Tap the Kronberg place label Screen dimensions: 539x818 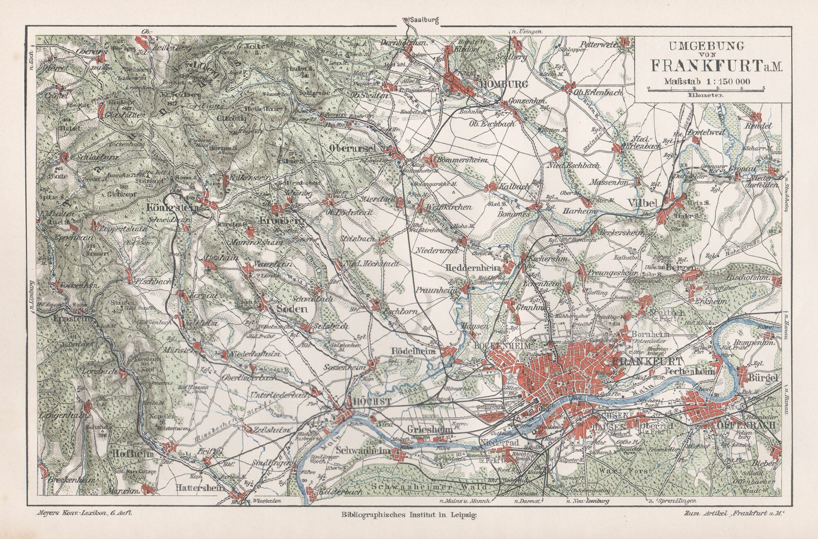[x=283, y=221]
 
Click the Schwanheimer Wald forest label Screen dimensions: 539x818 [x=430, y=487]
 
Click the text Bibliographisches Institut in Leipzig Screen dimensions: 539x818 [x=409, y=517]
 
